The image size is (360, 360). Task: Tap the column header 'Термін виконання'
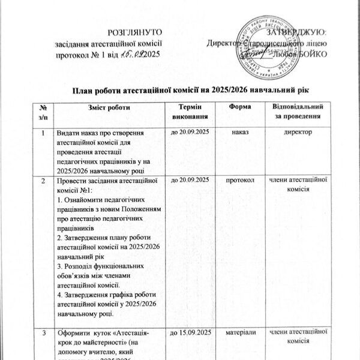pos(190,111)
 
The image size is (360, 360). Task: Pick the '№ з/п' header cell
pos(43,111)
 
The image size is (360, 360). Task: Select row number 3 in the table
pos(43,332)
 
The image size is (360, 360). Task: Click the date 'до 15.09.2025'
pos(190,332)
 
